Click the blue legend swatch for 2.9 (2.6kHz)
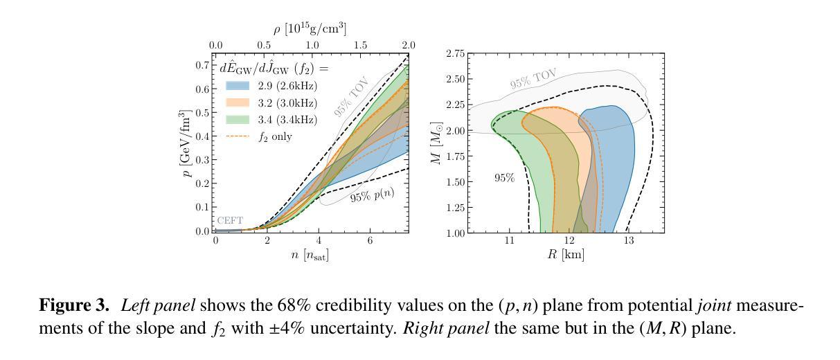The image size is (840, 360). click(x=238, y=86)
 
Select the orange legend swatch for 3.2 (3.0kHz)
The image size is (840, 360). click(x=238, y=103)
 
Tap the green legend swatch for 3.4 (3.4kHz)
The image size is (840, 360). click(x=238, y=120)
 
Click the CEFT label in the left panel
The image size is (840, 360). click(x=230, y=221)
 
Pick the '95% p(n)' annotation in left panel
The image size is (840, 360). click(x=371, y=195)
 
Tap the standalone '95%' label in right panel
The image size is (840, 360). click(x=503, y=178)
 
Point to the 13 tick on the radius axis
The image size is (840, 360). click(x=628, y=240)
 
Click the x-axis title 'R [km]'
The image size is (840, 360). click(x=565, y=254)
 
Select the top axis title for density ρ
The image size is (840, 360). click(x=312, y=29)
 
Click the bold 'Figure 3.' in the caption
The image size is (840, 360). click(x=77, y=306)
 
